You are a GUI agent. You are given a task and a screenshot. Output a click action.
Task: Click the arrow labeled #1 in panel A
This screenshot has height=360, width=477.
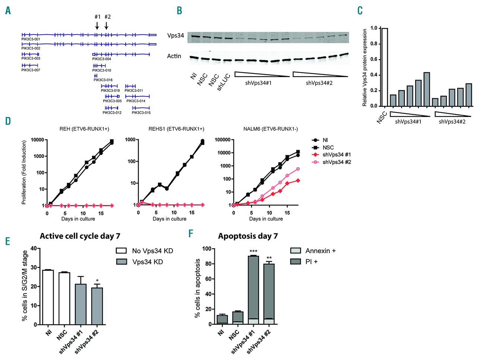click(x=97, y=25)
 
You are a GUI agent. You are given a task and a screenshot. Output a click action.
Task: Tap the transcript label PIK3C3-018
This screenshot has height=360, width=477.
click(x=103, y=80)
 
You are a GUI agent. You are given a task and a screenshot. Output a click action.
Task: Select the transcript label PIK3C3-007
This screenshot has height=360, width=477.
click(x=31, y=70)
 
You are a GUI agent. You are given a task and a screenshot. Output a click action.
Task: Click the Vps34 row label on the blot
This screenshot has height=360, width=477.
click(x=176, y=36)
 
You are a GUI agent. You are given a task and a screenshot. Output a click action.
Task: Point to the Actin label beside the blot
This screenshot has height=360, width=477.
click(x=174, y=56)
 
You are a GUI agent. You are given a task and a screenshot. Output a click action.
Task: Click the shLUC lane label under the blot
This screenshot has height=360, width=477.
click(x=224, y=82)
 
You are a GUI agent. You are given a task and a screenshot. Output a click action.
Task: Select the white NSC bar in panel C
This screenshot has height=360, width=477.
click(x=385, y=67)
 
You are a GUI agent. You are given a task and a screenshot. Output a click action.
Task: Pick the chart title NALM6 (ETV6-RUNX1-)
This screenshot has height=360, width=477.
click(x=271, y=129)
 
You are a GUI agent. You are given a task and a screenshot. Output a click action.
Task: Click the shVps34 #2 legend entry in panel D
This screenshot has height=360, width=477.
click(x=337, y=162)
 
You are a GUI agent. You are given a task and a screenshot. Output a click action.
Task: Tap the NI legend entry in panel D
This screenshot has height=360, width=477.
click(x=325, y=140)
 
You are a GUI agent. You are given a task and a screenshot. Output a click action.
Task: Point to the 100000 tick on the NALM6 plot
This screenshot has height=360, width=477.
click(x=222, y=140)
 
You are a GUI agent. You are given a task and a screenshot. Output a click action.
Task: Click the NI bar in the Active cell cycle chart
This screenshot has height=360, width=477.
click(x=48, y=297)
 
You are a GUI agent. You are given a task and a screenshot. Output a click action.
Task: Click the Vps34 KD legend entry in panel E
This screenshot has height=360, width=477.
click(x=147, y=262)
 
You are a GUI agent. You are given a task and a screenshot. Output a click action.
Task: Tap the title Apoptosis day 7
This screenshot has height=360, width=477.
click(x=248, y=236)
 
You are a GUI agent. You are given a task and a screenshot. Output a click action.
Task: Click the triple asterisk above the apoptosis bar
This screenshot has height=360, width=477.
click(x=253, y=252)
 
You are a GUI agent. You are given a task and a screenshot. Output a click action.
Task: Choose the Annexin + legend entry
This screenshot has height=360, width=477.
click(x=320, y=251)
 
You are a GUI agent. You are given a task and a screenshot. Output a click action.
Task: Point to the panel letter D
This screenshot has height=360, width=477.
click(x=8, y=121)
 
